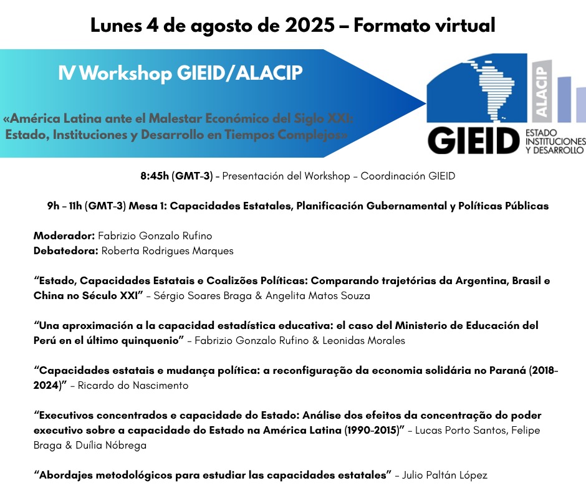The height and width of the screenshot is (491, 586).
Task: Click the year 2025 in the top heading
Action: pyautogui.click(x=310, y=26)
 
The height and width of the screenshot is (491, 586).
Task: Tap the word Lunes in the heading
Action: pyautogui.click(x=116, y=26)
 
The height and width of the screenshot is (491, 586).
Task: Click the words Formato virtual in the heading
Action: pyautogui.click(x=425, y=26)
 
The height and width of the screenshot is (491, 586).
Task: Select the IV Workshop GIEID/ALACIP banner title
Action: pyautogui.click(x=181, y=72)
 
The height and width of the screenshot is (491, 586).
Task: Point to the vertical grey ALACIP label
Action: pyautogui.click(x=542, y=91)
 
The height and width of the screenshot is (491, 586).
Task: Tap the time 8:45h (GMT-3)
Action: pyautogui.click(x=177, y=176)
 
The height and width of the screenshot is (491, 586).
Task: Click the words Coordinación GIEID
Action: pyautogui.click(x=408, y=176)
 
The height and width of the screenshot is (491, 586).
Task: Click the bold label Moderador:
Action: pyautogui.click(x=64, y=236)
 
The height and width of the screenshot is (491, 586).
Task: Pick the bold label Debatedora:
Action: pyautogui.click(x=66, y=250)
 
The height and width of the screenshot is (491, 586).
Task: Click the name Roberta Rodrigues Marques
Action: pyautogui.click(x=168, y=250)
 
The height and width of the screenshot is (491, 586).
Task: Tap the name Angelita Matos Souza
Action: pyautogui.click(x=318, y=295)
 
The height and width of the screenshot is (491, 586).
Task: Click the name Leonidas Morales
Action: pyautogui.click(x=363, y=340)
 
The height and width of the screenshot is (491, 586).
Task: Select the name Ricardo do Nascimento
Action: pyautogui.click(x=133, y=385)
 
